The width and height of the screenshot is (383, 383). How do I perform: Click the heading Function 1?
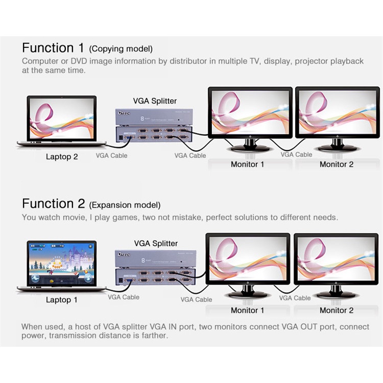point(53,49)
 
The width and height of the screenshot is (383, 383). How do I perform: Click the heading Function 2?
point(53,204)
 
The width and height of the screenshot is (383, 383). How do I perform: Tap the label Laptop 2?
point(62,157)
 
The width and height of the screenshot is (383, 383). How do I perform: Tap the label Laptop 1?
point(62,300)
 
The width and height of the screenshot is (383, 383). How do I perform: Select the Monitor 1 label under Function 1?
point(248,164)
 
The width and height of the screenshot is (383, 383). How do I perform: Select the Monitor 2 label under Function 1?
point(337,164)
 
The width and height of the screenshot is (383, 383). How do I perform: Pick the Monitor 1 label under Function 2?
point(248,310)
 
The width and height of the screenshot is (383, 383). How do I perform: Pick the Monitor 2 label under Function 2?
point(337,310)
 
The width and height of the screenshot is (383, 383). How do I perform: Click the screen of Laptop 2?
point(62,119)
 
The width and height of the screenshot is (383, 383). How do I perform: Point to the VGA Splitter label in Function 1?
point(155,101)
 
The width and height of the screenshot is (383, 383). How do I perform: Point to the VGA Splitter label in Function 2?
point(156,244)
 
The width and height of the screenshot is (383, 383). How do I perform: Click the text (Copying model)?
point(121,50)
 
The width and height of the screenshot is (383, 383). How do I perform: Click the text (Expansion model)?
point(125,205)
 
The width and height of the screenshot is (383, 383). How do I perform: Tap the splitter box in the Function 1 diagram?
point(153,125)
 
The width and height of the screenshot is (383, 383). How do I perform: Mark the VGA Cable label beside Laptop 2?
point(111,155)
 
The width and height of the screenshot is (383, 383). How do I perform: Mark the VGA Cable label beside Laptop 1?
point(123,297)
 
